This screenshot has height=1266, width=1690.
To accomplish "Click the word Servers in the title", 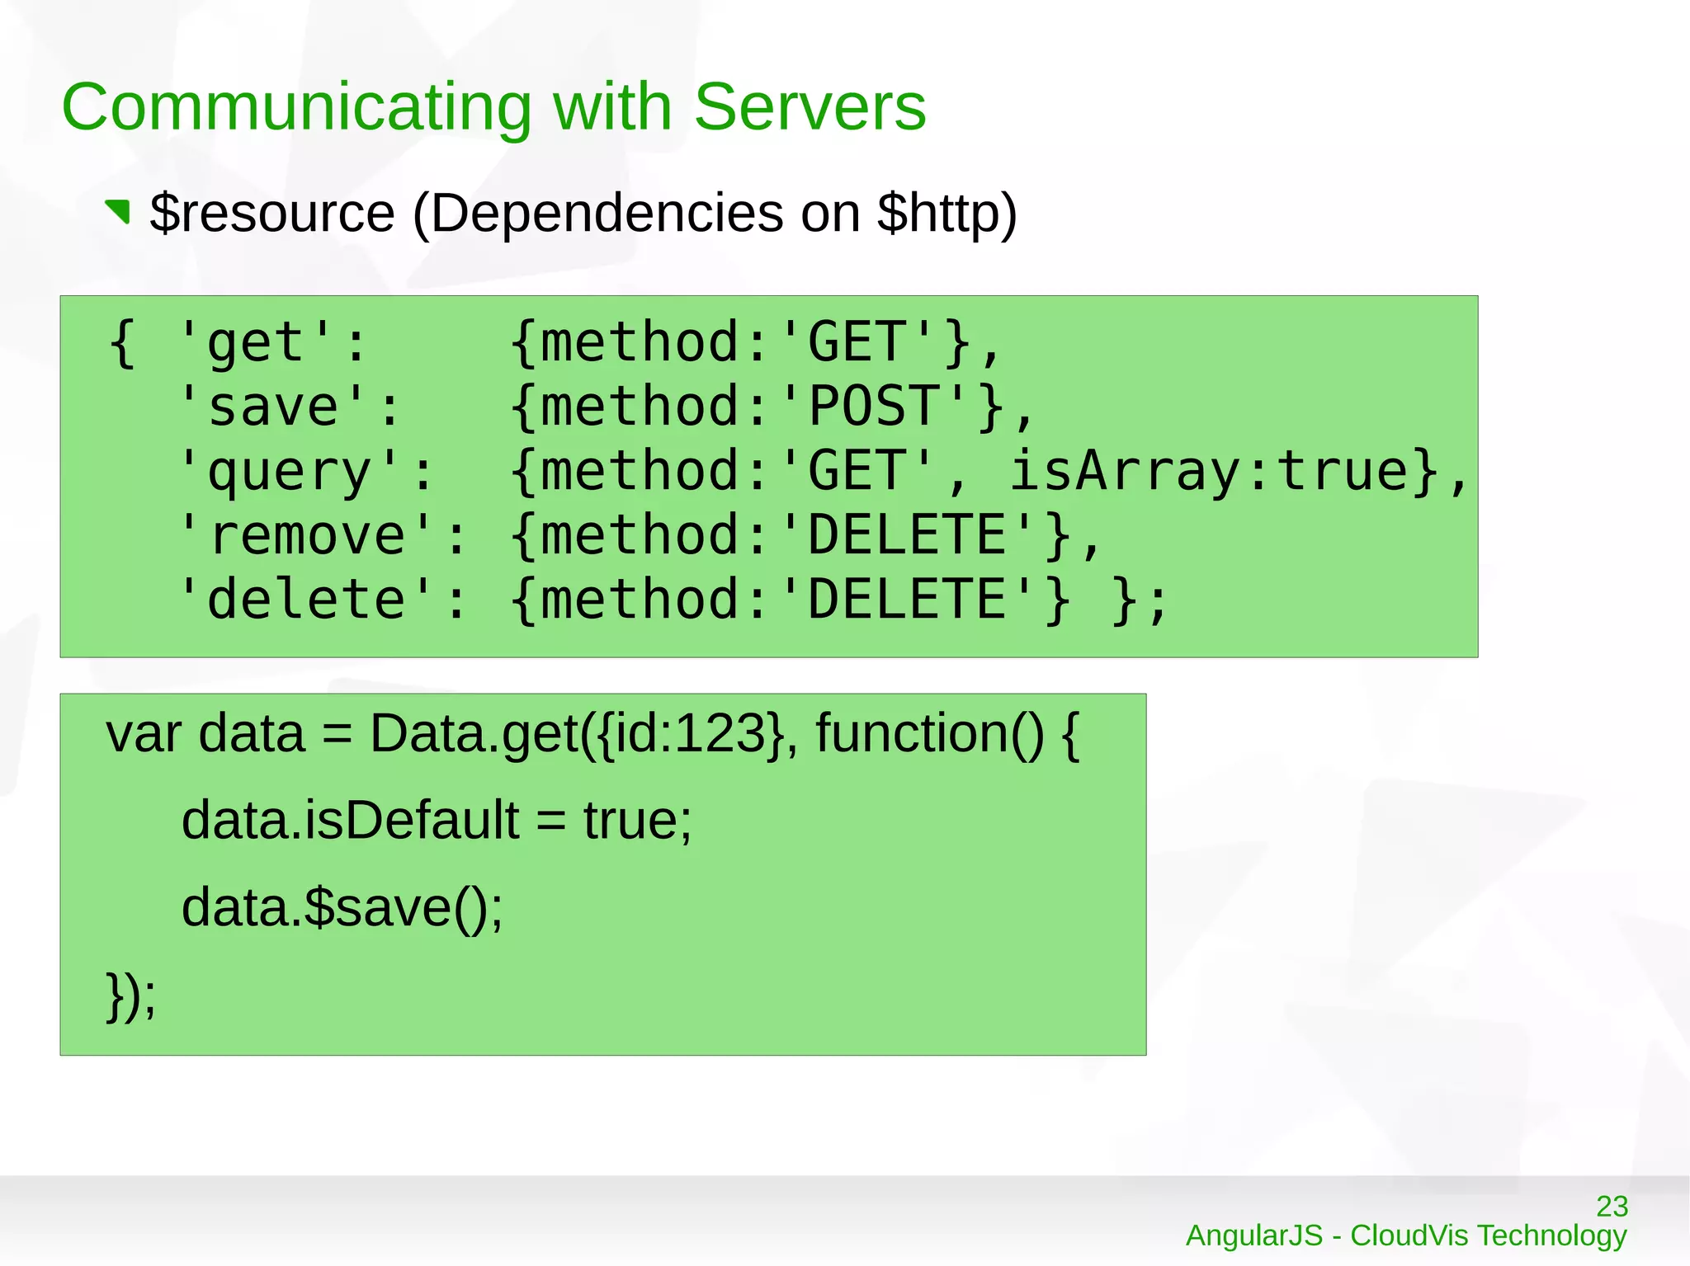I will click(810, 107).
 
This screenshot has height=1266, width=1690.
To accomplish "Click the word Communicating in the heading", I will click(296, 109).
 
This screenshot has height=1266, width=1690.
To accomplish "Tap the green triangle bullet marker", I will click(118, 211).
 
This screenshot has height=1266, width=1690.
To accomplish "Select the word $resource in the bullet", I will click(272, 214).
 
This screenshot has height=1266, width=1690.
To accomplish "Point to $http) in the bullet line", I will click(946, 214).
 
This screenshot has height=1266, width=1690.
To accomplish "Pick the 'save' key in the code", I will click(271, 407).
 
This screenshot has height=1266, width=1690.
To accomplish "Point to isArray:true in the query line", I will click(1208, 472).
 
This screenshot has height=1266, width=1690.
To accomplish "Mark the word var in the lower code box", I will click(144, 733).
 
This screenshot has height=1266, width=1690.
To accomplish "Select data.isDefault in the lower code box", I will click(350, 821).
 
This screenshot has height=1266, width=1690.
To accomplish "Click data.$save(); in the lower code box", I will click(342, 908).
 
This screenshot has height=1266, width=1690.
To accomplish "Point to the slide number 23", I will click(1612, 1207).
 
